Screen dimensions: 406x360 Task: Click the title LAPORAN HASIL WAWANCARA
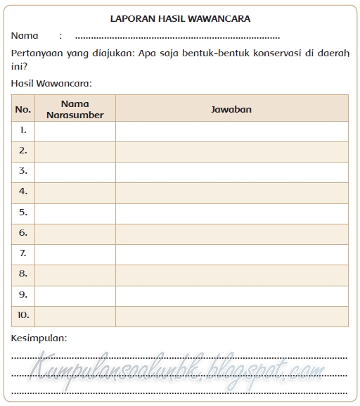click(x=180, y=20)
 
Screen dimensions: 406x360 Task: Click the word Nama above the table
click(x=25, y=36)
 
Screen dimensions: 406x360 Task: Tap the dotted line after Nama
click(x=176, y=37)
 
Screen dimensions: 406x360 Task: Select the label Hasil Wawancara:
click(x=51, y=84)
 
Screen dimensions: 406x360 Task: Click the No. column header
click(x=23, y=109)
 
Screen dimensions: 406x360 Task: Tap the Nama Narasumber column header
click(x=75, y=109)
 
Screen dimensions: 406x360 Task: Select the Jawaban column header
click(x=231, y=109)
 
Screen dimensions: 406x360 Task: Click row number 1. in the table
click(x=23, y=131)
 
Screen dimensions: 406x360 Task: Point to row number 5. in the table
click(x=23, y=212)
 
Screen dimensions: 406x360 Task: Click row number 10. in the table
click(x=23, y=315)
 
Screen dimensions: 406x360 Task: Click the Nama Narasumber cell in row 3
click(x=75, y=172)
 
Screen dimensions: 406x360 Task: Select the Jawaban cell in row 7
click(x=231, y=253)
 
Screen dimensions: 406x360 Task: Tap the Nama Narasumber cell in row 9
click(x=75, y=295)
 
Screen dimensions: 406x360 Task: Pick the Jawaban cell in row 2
click(x=231, y=151)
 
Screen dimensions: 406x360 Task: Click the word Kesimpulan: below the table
click(x=39, y=338)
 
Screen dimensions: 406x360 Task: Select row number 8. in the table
click(x=23, y=274)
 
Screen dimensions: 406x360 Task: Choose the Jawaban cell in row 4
click(x=231, y=192)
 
